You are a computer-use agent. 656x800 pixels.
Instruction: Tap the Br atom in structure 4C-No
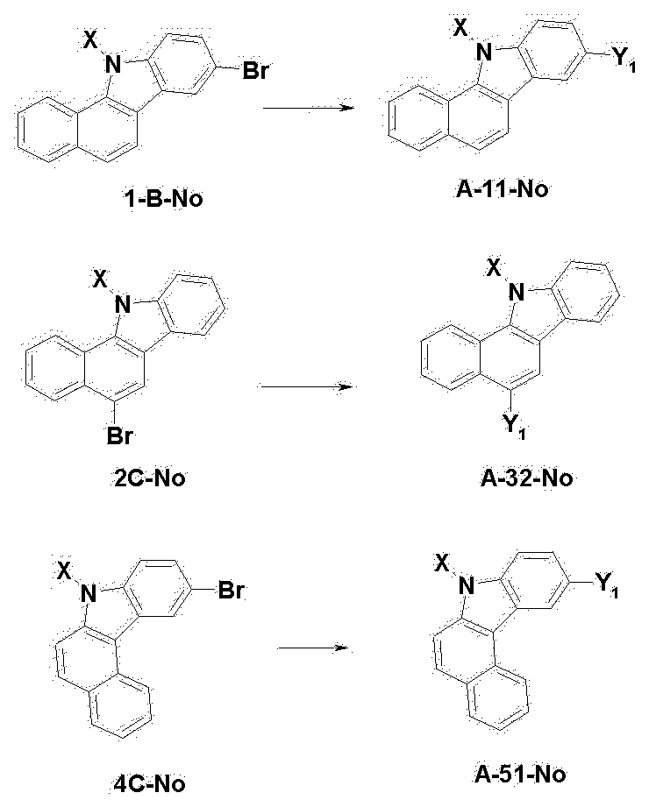pyautogui.click(x=231, y=591)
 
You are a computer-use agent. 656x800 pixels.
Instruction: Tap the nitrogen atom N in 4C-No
pyautogui.click(x=86, y=594)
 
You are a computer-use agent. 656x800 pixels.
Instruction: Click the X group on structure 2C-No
pyautogui.click(x=100, y=280)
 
